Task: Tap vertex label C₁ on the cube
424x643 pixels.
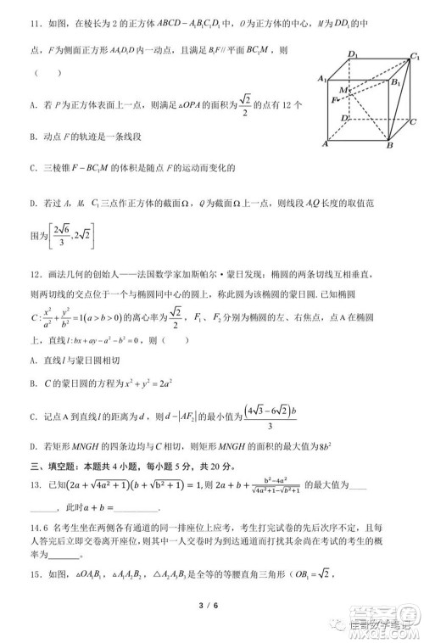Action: (x=414, y=56)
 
